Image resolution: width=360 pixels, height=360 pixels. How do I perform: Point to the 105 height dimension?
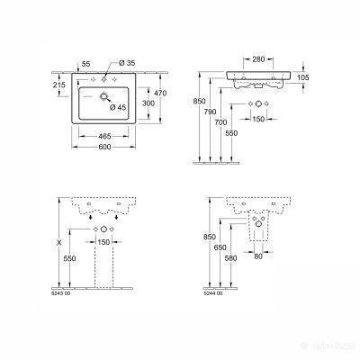[x=327, y=78]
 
